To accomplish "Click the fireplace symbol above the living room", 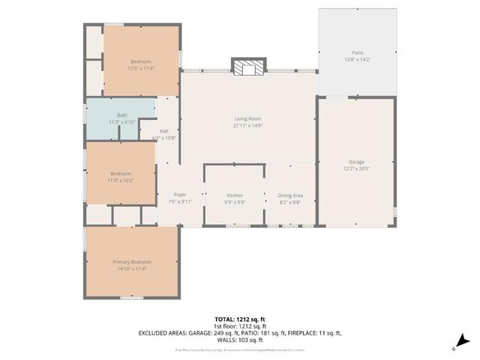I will (x=247, y=68).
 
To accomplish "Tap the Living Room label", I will (x=247, y=118).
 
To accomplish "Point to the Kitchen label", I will (x=235, y=195).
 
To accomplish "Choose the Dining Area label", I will (x=289, y=195).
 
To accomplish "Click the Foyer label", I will (x=180, y=195).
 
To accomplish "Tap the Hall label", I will (x=163, y=131).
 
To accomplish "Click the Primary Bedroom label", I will (x=131, y=262).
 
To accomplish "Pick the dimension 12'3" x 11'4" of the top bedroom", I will (x=141, y=67).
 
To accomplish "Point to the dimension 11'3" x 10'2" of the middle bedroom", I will (x=121, y=180).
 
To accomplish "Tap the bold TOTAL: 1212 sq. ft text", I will (x=240, y=319).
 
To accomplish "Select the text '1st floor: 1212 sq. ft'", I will (x=240, y=326).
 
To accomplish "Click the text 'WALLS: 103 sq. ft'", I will (x=240, y=340).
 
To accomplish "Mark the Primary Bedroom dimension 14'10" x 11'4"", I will (x=131, y=268).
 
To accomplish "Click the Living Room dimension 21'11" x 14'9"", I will (x=247, y=124).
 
